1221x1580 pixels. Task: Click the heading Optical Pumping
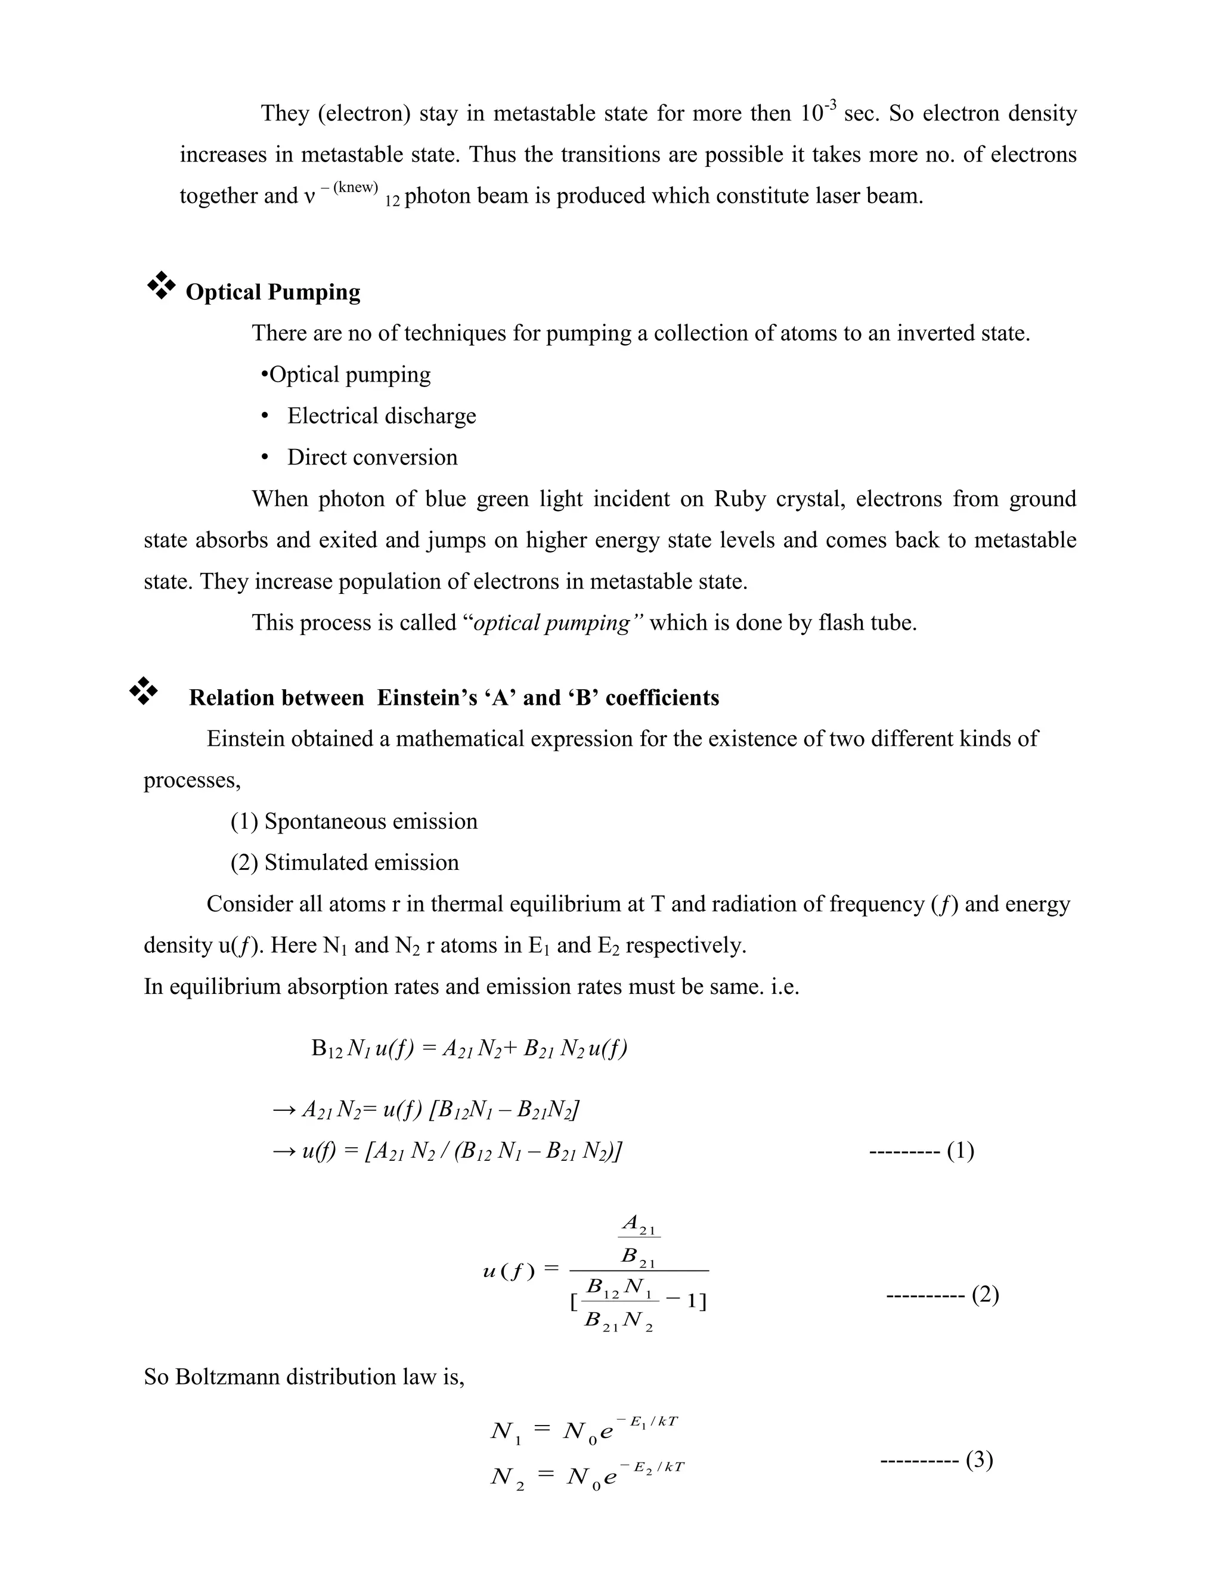[272, 292]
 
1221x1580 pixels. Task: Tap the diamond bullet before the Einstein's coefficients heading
[143, 691]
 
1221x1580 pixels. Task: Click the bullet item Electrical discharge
[381, 416]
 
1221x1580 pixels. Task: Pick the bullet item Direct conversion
[372, 457]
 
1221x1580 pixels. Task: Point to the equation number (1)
[960, 1150]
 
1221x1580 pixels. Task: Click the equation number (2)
[984, 1294]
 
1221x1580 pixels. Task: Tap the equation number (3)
[980, 1460]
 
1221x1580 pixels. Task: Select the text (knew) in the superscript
[355, 187]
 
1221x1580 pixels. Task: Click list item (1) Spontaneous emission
[354, 821]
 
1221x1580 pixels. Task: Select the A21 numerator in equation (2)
[639, 1225]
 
